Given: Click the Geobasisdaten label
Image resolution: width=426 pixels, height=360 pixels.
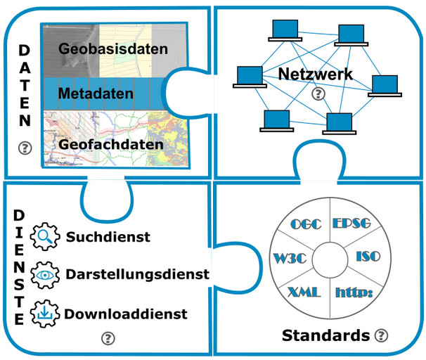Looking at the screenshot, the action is pos(113,49).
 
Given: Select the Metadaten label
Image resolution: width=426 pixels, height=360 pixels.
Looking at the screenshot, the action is pos(96,94).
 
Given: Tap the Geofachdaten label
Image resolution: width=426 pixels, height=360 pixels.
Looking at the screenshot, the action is pos(111,144).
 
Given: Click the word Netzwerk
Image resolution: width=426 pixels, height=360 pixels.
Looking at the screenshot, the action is pos(316,74).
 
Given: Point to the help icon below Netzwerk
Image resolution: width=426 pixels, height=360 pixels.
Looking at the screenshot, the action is pos(318,94).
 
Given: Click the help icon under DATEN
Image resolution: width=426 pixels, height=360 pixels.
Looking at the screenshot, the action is pos(25,148).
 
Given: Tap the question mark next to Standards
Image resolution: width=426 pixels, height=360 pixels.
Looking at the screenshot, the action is pos(381,335).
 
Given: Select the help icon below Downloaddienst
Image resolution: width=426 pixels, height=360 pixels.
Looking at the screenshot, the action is pos(108,338).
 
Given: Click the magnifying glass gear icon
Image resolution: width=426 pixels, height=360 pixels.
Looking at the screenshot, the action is pos(45,236).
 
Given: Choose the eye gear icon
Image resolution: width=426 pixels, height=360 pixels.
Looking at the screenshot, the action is pos(45,275).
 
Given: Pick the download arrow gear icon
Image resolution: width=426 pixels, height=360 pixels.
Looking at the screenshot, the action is pos(45,314).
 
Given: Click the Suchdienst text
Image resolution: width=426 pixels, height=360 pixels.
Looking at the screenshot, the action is pos(108,237).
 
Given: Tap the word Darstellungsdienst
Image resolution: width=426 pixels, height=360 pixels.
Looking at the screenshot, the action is pos(138,274).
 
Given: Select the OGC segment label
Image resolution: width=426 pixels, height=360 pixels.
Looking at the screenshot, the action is pos(306,224).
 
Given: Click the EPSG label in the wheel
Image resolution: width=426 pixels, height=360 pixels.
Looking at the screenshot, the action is pos(351,224).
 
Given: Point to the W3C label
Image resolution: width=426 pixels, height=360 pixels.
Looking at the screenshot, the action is pos(290,258).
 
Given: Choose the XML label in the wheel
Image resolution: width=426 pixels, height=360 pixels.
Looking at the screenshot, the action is pos(304,292).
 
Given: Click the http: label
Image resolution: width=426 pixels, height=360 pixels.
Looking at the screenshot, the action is pos(354,292).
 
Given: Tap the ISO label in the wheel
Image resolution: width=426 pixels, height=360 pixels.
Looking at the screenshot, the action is pos(368,257).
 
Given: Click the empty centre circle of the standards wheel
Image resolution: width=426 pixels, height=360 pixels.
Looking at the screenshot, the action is pos(330,259).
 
